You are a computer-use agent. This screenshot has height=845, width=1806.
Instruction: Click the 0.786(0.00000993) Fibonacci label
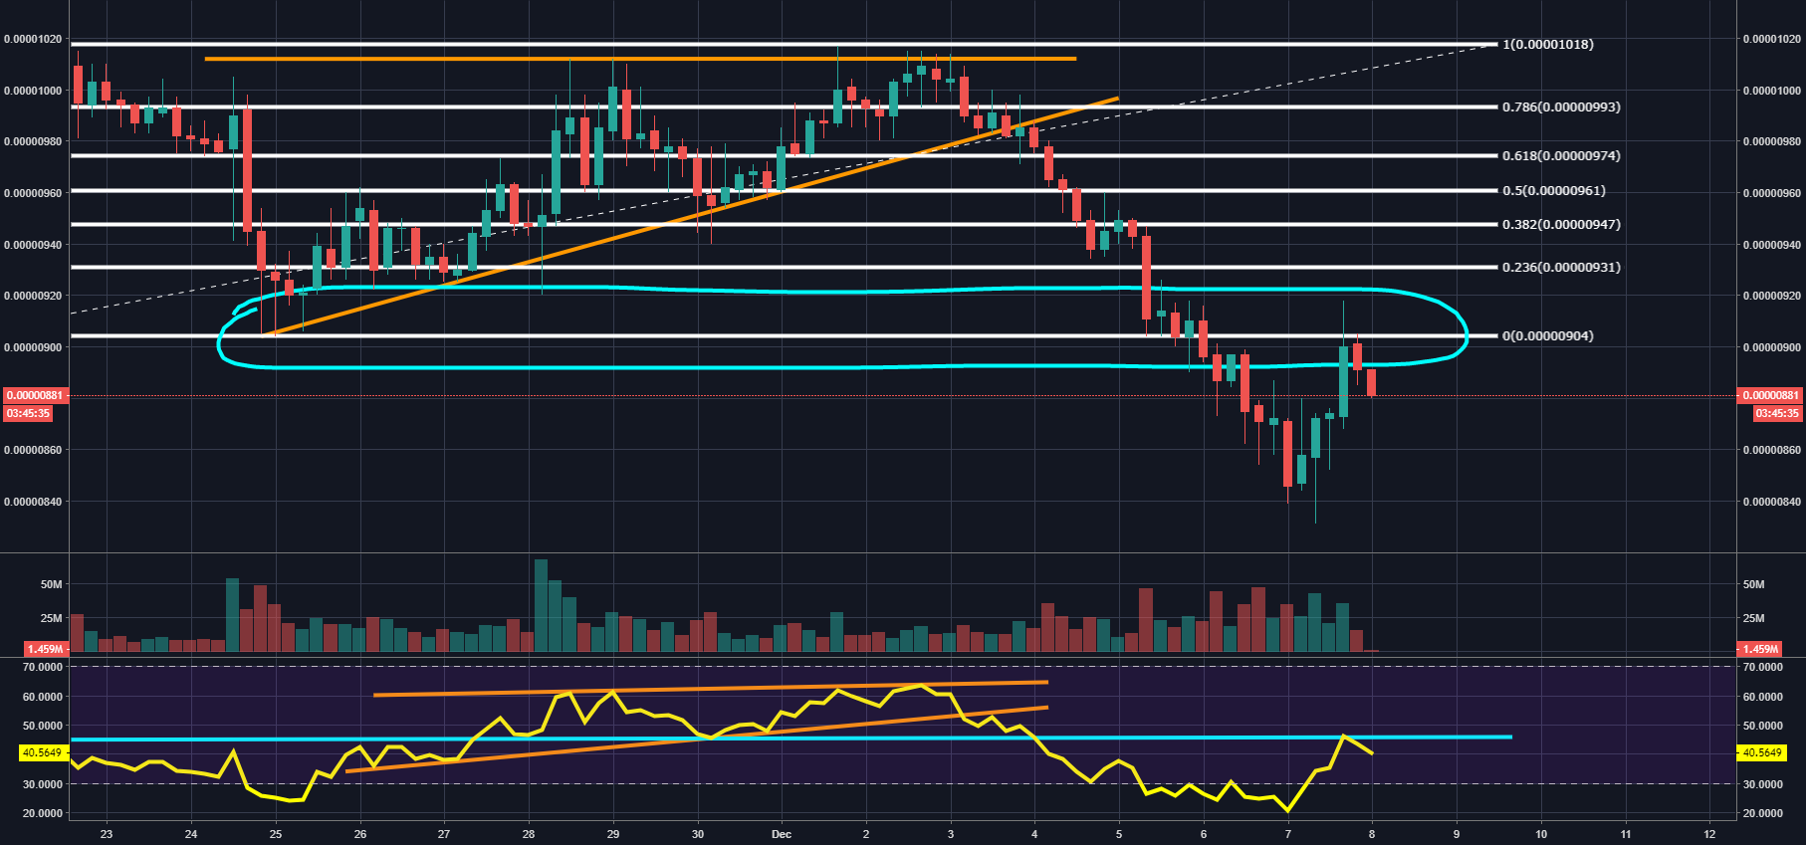(1560, 106)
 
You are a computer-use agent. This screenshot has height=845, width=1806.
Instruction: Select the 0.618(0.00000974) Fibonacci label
(1560, 155)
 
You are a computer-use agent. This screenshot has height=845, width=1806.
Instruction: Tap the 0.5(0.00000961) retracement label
(1553, 190)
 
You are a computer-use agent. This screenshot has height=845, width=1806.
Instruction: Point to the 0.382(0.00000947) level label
(1560, 224)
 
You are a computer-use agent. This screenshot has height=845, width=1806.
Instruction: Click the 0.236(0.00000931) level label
(1560, 267)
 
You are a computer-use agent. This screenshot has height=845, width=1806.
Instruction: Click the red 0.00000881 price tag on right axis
(1770, 395)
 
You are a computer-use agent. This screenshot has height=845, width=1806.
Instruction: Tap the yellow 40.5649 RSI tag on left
(42, 752)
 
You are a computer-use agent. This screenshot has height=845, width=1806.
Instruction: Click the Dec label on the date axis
(782, 834)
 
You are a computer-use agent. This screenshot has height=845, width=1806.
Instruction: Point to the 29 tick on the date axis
(613, 834)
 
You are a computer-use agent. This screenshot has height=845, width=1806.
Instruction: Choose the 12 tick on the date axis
(1709, 834)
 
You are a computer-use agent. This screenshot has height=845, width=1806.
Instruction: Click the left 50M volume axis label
(51, 584)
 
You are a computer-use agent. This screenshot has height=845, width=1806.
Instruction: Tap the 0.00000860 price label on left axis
(33, 450)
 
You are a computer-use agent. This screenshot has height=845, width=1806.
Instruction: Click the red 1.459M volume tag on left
(45, 649)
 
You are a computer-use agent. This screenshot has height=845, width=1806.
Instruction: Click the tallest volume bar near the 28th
(541, 605)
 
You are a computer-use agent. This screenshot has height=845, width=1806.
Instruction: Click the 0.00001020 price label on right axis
(1771, 39)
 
